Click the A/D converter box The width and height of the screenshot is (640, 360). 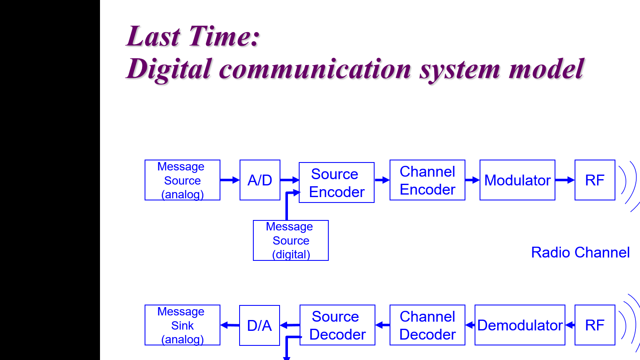[x=260, y=180]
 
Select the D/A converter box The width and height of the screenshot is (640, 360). [x=260, y=325]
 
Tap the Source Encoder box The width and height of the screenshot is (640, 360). [x=337, y=182]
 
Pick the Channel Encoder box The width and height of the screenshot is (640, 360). [x=427, y=180]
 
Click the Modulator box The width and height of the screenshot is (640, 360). [x=517, y=180]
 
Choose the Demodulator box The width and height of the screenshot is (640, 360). [x=520, y=325]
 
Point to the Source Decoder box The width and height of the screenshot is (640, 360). [x=337, y=325]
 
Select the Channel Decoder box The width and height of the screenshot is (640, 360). [x=427, y=325]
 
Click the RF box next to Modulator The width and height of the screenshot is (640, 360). [x=595, y=180]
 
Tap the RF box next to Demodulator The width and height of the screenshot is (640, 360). [x=595, y=325]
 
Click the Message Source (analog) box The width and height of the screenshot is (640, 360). [x=182, y=180]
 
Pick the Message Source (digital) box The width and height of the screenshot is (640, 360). [x=291, y=240]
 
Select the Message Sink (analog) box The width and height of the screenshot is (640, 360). [x=182, y=325]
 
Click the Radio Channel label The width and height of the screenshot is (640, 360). [x=580, y=252]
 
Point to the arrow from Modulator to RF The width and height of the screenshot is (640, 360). [x=565, y=180]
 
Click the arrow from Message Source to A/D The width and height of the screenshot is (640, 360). [x=230, y=180]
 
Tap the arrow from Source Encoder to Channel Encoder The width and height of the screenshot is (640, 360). [x=382, y=180]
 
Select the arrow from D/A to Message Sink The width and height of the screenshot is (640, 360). [x=230, y=325]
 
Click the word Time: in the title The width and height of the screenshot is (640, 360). [x=225, y=36]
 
